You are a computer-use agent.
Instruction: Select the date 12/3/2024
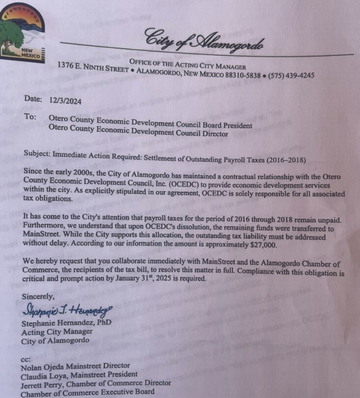coord(65,101)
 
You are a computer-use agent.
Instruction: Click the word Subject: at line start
coord(37,153)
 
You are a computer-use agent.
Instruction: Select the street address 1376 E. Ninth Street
coord(93,66)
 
